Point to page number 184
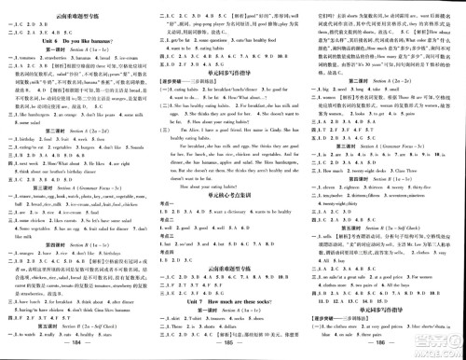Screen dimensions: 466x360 (77, 352)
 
